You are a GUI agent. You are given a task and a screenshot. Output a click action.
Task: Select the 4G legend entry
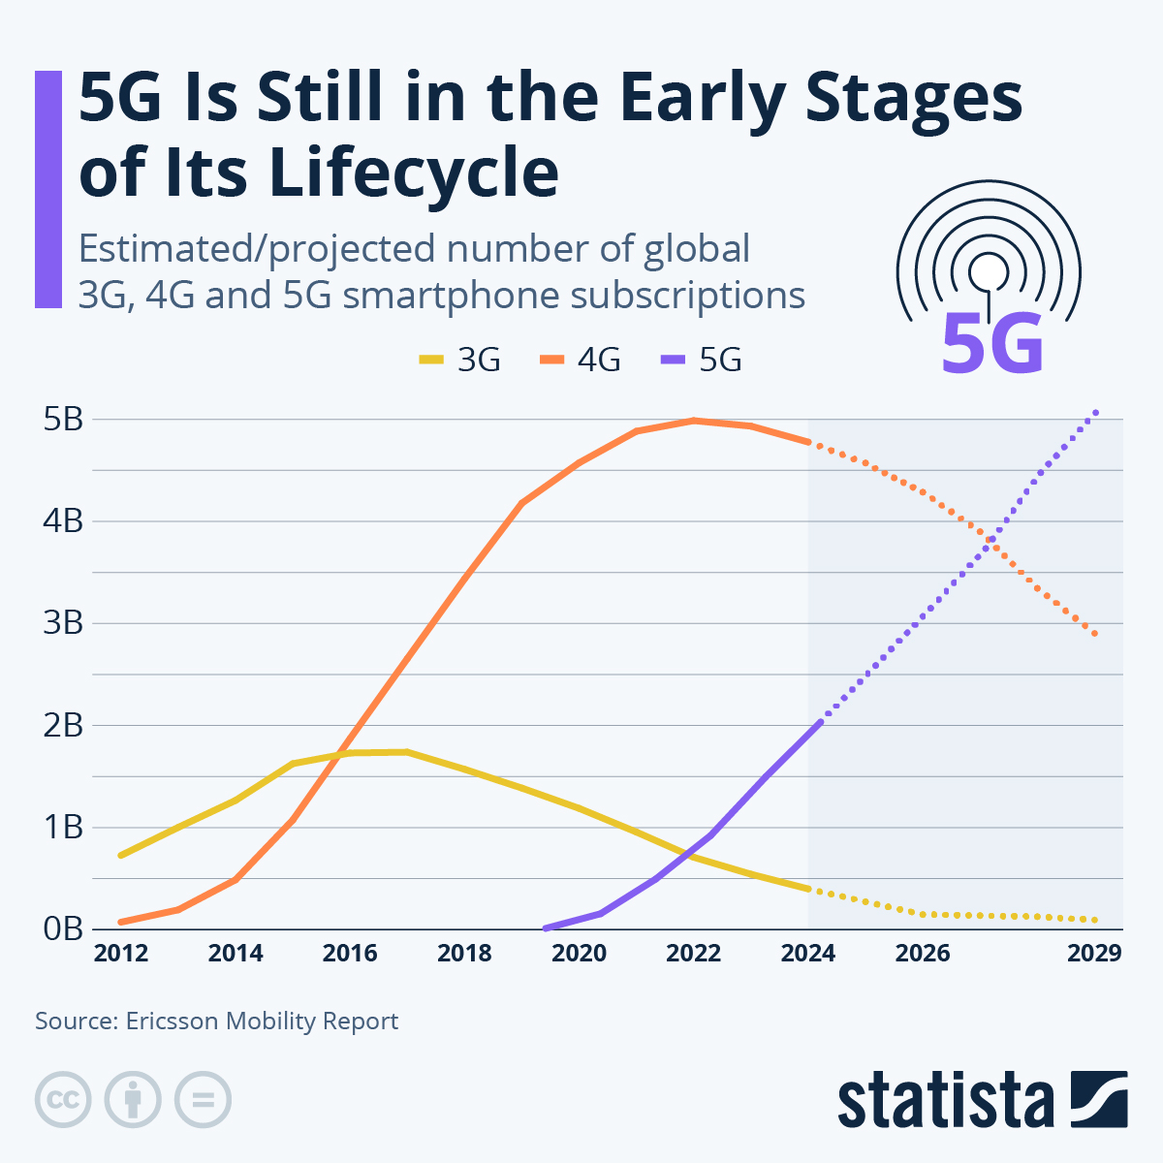coord(580,360)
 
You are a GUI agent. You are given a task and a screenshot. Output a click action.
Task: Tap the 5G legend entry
coord(701,360)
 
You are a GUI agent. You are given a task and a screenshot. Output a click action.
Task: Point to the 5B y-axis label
coord(63,420)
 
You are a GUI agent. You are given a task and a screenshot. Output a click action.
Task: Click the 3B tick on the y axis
coord(63,623)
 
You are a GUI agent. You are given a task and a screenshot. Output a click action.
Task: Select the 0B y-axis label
coord(63,928)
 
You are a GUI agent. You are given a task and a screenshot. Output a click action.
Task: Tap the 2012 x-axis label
coord(120,954)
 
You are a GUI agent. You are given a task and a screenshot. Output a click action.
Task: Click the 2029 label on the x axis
coord(1094,954)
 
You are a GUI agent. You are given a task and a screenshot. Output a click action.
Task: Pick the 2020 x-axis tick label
coord(579,954)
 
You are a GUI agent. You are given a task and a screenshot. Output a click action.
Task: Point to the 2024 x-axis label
coord(807,954)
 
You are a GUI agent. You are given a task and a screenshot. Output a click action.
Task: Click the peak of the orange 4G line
coord(694,421)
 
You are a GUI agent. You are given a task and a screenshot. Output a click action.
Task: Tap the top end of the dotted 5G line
coord(1096,412)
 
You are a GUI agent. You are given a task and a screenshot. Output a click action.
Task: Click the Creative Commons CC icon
coord(63,1100)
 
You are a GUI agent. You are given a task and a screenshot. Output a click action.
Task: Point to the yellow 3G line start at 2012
coord(120,856)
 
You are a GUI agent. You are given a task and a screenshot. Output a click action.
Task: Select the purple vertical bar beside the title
coord(47,189)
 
